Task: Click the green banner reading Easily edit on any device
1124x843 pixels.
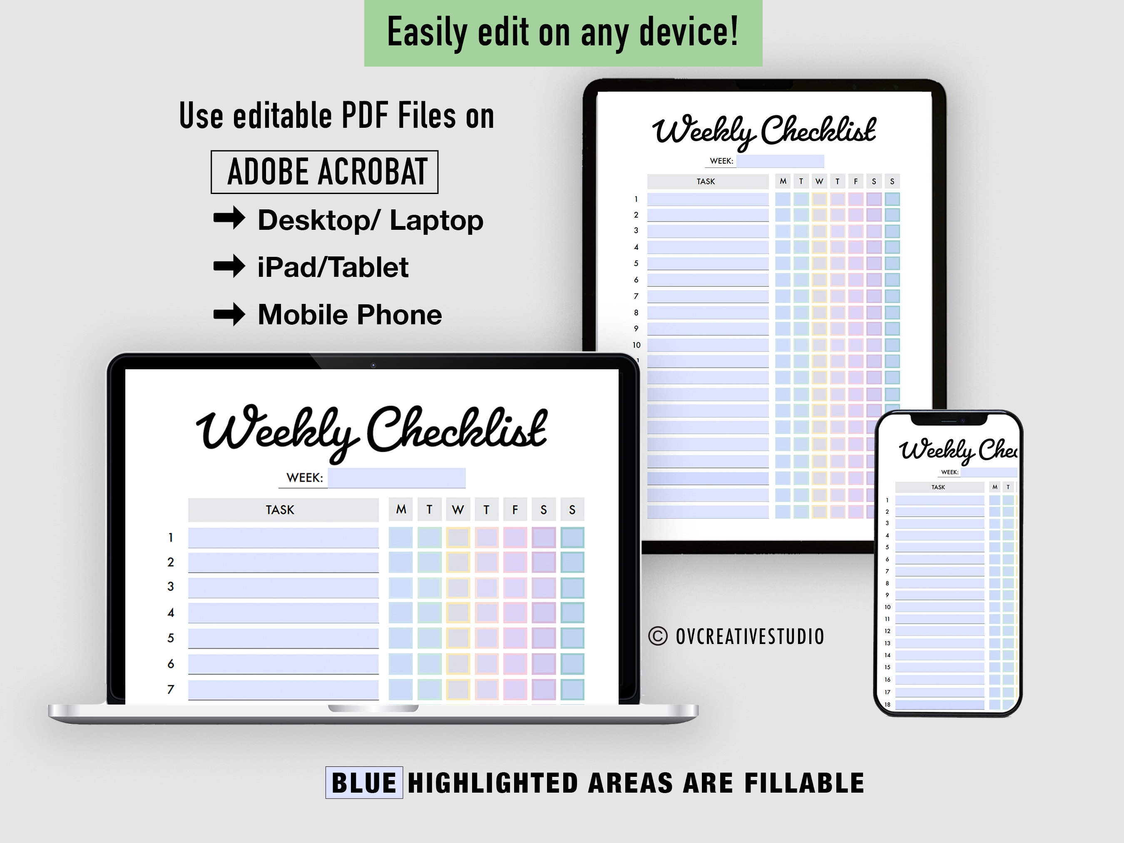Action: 563,32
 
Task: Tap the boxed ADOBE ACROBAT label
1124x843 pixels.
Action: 325,172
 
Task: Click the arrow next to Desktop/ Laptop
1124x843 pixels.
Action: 229,219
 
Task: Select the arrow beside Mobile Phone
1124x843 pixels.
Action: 229,313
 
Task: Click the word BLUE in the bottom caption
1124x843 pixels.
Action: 364,783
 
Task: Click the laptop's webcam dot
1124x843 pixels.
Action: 373,365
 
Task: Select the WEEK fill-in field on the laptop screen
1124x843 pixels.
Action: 396,477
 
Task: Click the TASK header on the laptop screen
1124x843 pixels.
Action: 280,510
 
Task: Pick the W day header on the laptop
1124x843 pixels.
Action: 458,510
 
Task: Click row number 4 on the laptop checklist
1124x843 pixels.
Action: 171,613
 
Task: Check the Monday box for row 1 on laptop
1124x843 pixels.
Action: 400,537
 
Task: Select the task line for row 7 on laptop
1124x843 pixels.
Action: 283,689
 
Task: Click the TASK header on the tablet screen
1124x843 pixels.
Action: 706,182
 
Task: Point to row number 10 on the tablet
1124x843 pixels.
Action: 636,345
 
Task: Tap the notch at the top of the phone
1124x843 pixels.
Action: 948,420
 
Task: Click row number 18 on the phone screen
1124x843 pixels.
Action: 887,704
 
